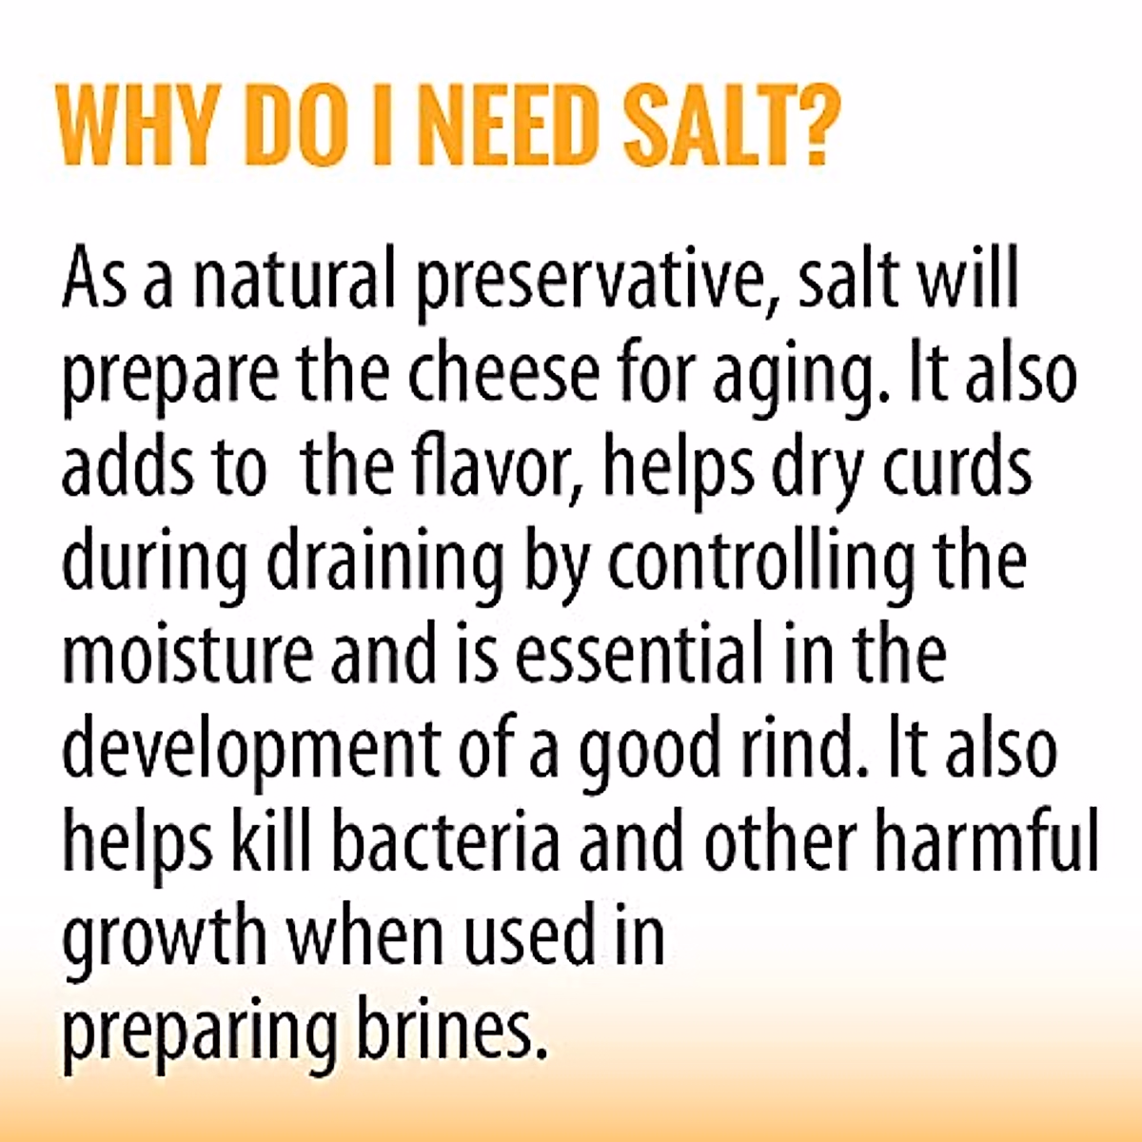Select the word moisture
point(187,655)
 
